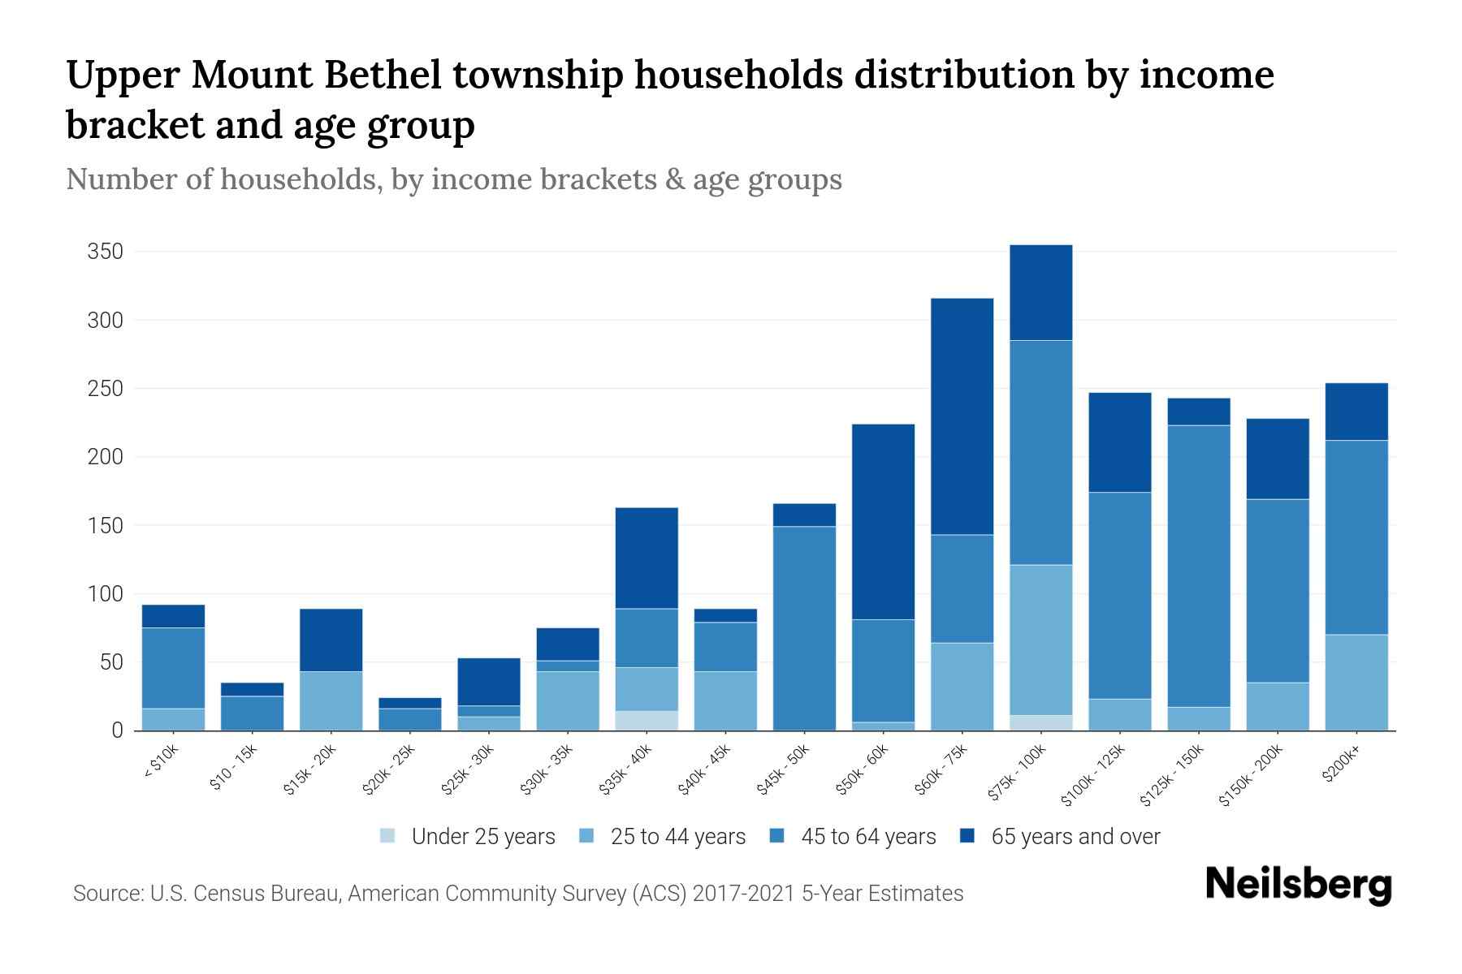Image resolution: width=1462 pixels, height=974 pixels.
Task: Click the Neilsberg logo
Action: [1298, 885]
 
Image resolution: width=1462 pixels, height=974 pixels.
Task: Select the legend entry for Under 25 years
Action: [468, 837]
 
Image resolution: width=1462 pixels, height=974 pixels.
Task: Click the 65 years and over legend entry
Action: [1061, 837]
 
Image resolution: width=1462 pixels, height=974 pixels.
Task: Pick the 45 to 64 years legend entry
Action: [854, 837]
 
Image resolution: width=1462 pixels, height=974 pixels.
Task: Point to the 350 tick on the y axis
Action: [105, 252]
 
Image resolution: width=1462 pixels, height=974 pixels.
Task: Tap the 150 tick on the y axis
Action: [105, 525]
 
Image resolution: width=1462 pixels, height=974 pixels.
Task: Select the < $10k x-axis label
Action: [162, 764]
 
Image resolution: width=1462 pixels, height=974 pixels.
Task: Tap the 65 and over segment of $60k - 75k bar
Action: [962, 416]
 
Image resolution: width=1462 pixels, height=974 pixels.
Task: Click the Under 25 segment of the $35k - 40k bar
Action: [647, 721]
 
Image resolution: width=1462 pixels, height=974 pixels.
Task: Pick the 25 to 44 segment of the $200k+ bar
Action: [1356, 682]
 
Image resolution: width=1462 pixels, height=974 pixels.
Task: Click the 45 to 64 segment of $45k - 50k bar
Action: [804, 627]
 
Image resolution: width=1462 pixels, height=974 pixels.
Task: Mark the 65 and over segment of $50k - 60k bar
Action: [883, 521]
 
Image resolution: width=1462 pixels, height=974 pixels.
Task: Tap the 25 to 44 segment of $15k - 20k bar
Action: [331, 700]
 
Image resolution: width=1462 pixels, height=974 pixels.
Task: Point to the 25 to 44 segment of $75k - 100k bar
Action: [1040, 640]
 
